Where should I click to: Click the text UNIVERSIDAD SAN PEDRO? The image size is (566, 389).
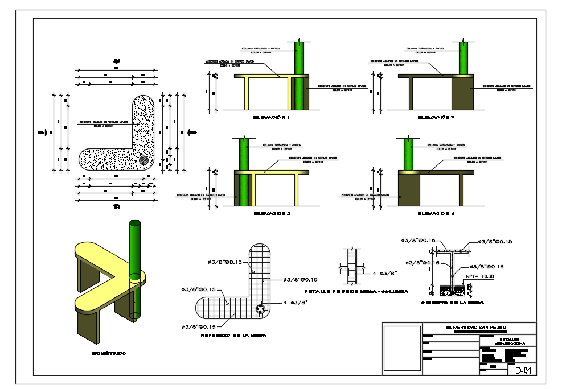coord(478,328)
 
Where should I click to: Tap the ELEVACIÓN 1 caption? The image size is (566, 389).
coord(272,118)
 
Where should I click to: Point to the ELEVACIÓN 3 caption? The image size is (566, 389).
coord(272,214)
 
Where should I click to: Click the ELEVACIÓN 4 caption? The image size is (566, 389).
coord(436,214)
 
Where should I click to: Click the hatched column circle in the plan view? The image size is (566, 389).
coord(145,160)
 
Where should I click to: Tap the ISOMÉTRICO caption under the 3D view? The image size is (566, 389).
coord(109,353)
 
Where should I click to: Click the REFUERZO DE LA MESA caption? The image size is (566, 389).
coord(226,336)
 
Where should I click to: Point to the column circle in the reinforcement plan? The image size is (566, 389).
coord(260,309)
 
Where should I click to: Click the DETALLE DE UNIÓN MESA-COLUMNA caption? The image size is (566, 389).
coord(356,291)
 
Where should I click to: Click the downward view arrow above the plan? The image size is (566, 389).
coord(116,60)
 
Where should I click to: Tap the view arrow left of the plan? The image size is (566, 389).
coord(42,133)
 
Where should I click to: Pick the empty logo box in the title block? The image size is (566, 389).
coord(401,348)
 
